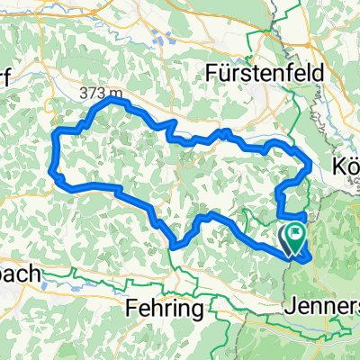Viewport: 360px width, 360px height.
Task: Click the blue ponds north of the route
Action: (x=164, y=38)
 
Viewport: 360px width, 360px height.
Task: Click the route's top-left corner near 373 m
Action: (x=58, y=132)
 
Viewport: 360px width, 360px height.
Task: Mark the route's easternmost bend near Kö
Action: (x=310, y=164)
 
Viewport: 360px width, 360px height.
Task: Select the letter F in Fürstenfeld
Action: (x=212, y=73)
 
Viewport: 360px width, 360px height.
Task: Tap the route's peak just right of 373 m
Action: (x=113, y=102)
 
